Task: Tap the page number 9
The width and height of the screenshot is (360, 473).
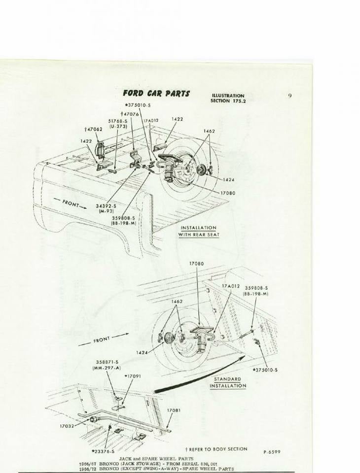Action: pos(290,96)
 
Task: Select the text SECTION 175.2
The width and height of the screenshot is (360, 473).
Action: pos(227,101)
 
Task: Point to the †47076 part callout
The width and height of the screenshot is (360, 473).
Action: pos(129,114)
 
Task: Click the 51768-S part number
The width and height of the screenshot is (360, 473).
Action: pos(118,121)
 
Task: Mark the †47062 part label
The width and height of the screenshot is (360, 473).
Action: pos(93,129)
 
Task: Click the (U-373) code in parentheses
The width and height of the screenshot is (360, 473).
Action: pos(118,126)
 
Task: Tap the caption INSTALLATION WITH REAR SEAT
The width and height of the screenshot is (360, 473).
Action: pos(198,231)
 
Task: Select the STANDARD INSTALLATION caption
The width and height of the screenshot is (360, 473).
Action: pos(227,382)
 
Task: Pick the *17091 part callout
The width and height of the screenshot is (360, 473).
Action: pos(132,376)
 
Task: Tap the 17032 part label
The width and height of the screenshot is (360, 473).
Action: pos(67,426)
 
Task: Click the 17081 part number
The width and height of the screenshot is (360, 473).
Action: pos(173,410)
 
